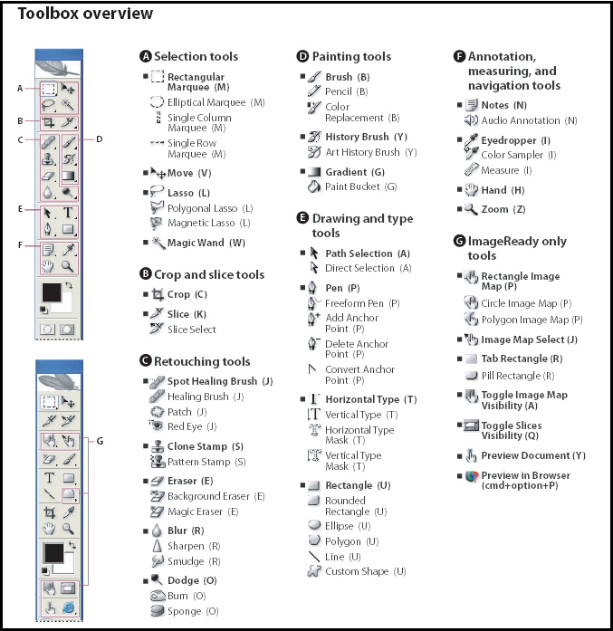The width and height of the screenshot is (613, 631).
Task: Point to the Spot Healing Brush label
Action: pyautogui.click(x=219, y=381)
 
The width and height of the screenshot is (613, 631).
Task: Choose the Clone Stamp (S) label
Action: pyautogui.click(x=206, y=446)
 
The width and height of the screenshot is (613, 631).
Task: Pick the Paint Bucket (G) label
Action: pyautogui.click(x=360, y=186)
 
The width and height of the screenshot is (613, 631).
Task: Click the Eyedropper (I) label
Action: pyautogui.click(x=515, y=140)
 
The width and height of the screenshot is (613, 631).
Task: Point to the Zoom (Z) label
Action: pyautogui.click(x=503, y=209)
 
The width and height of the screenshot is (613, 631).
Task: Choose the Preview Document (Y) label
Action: pyautogui.click(x=533, y=455)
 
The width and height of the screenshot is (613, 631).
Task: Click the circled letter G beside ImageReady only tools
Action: pyautogui.click(x=460, y=242)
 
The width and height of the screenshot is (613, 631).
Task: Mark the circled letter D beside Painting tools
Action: pyautogui.click(x=303, y=56)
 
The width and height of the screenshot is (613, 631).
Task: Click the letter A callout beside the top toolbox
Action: pyautogui.click(x=19, y=88)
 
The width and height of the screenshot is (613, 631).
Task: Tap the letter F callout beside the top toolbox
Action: pyautogui.click(x=19, y=244)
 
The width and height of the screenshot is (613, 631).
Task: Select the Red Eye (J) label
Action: pyautogui.click(x=191, y=426)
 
